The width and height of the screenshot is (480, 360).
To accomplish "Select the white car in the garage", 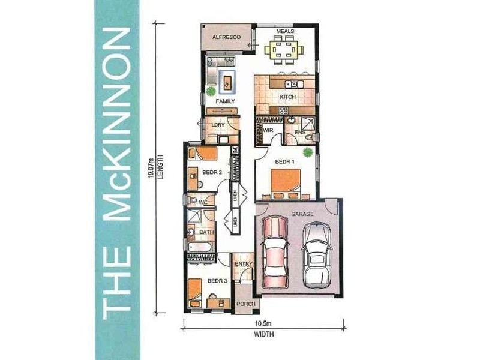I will coord(316,255).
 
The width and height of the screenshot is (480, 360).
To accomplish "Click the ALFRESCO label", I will coord(227,37).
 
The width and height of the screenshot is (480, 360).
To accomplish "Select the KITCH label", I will coord(289,97).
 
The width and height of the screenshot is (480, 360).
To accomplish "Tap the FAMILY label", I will coord(226,101).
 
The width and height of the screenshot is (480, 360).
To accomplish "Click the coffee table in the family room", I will coord(227,79).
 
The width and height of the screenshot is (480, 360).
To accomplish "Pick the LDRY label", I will coord(218,125).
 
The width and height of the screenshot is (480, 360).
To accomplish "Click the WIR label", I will coord(268,130).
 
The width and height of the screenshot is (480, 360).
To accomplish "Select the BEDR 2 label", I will coord(212,172).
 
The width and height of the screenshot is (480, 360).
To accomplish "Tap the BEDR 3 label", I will coord(217,281).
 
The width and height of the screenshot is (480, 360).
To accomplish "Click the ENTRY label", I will coord(244,264).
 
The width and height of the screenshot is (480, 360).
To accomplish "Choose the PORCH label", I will coord(245,304).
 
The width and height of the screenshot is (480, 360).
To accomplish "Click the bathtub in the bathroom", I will coord(200,247).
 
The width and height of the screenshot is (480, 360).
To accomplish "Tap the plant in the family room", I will coord(211,91).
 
